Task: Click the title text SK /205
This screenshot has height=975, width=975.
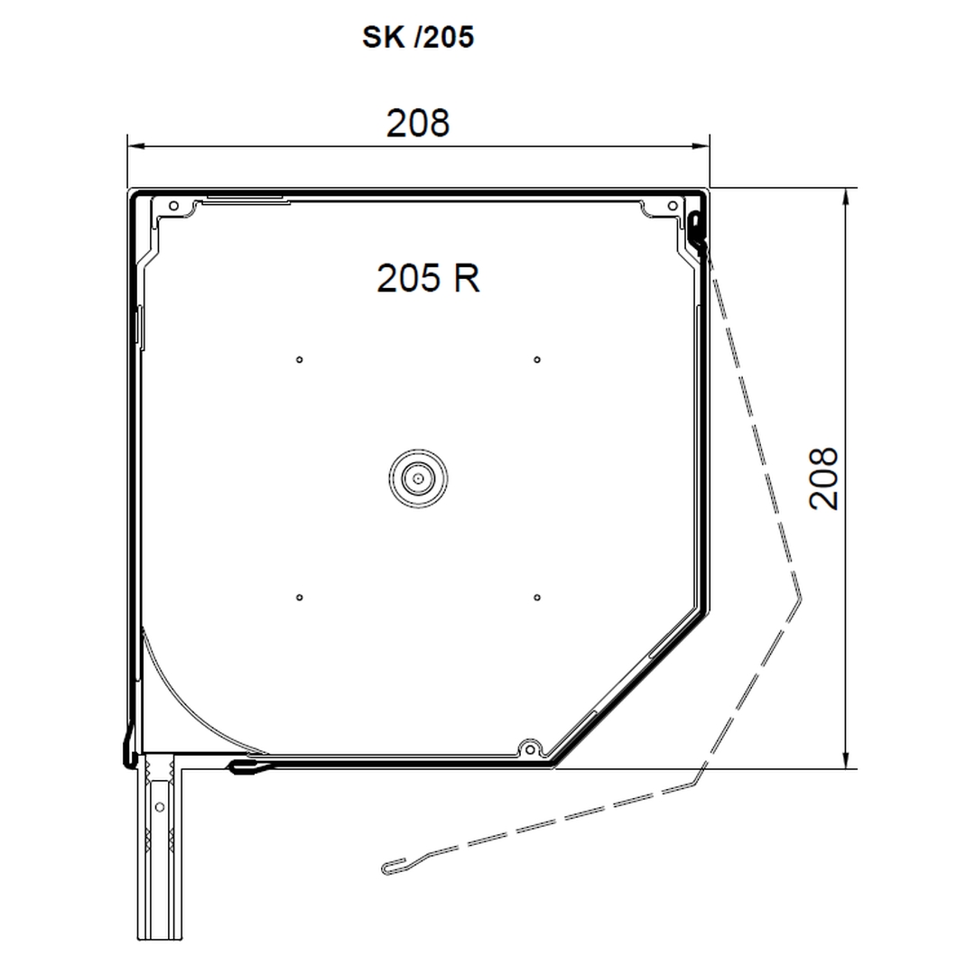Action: (x=418, y=37)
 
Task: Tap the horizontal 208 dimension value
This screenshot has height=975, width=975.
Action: (x=418, y=123)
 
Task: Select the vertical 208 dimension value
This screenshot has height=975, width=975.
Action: (x=823, y=478)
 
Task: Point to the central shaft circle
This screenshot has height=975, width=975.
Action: (x=418, y=478)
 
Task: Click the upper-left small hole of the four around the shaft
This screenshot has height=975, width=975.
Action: (x=299, y=359)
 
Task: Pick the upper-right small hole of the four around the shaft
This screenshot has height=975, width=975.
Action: (x=537, y=359)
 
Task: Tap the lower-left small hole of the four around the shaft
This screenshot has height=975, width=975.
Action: (x=299, y=598)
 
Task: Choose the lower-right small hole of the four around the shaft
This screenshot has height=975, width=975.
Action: (x=537, y=598)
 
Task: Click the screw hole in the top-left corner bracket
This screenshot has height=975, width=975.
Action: (x=173, y=206)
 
